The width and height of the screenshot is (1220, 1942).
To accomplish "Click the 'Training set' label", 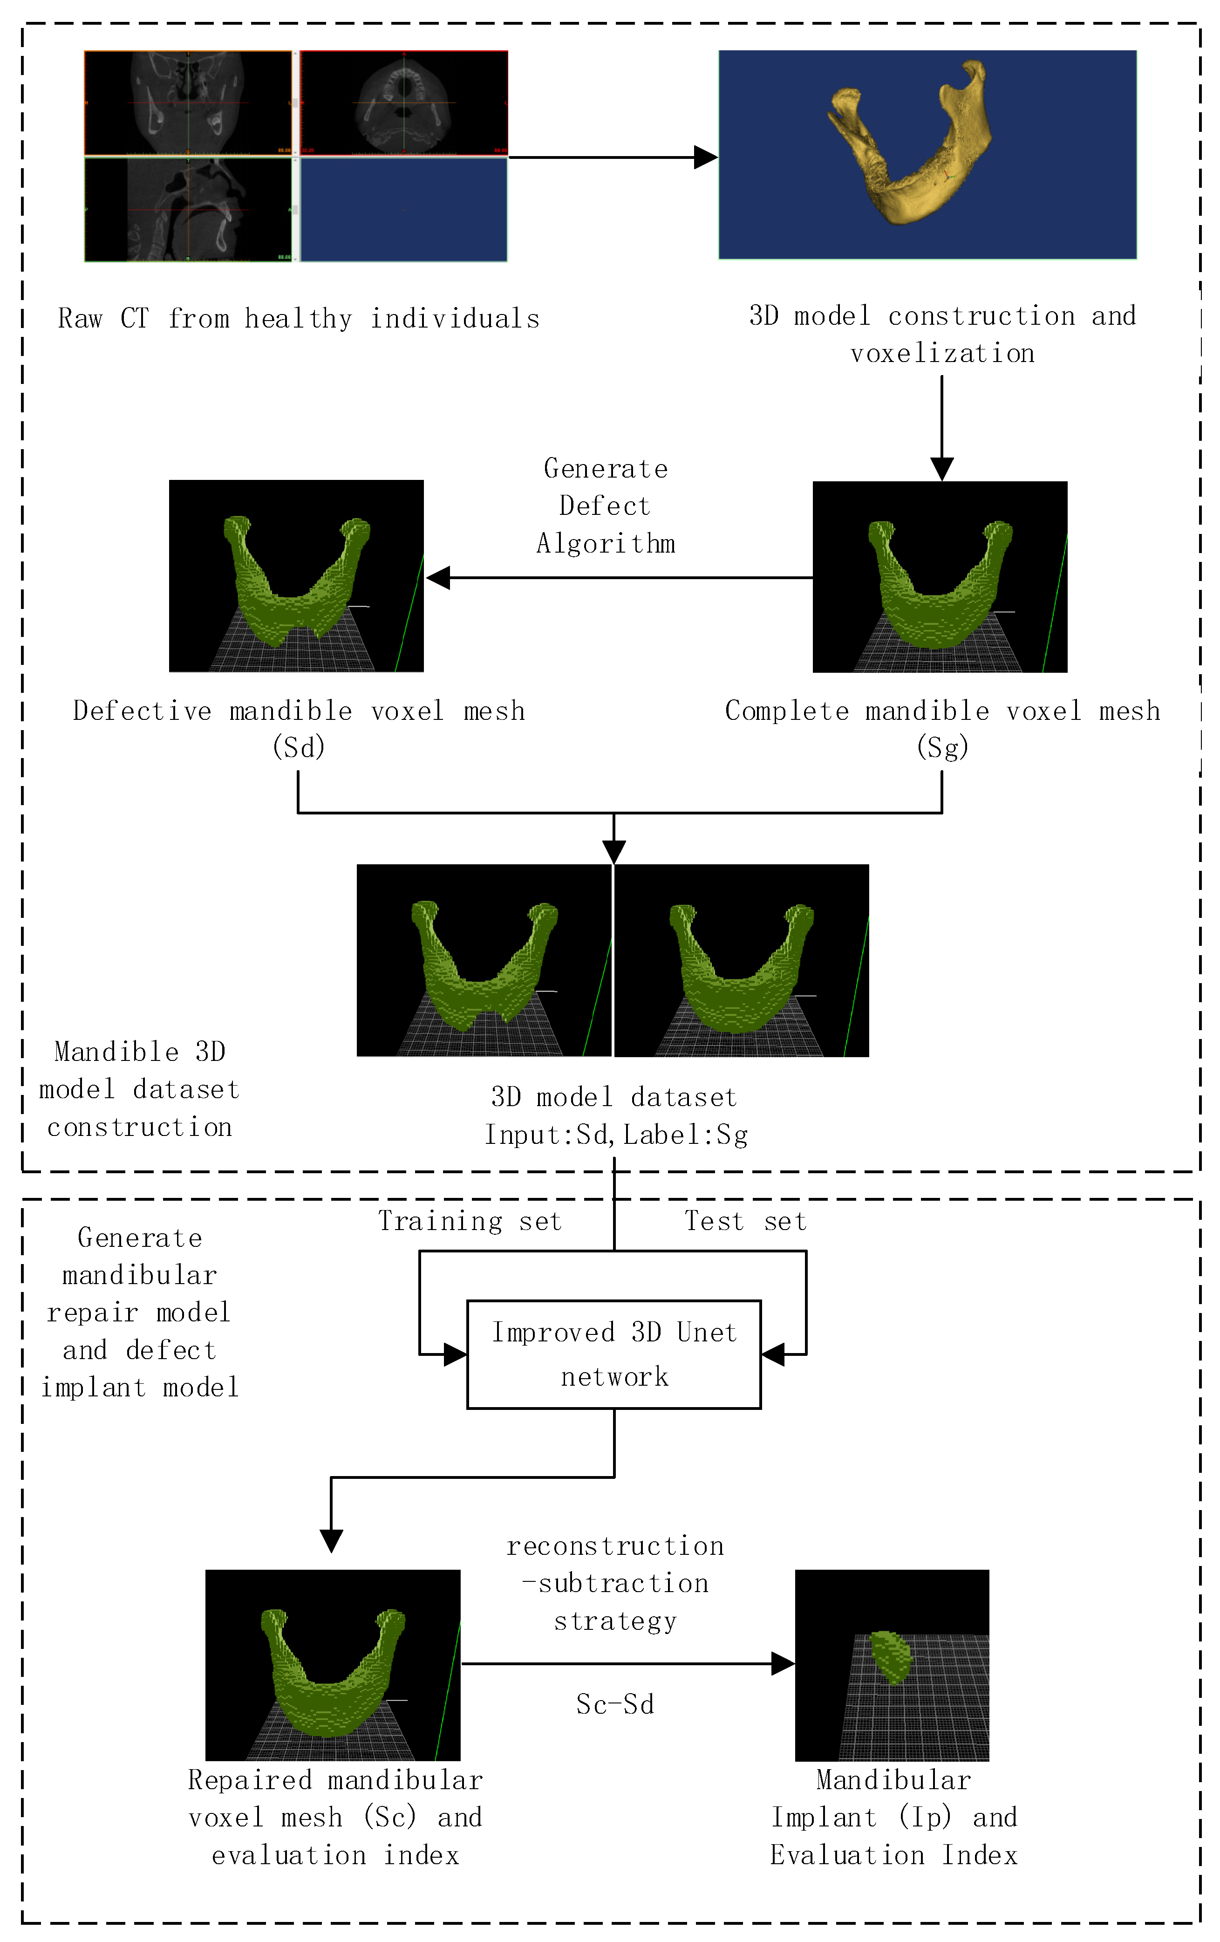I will tap(470, 1221).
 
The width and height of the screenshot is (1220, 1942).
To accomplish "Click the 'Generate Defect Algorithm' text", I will tap(606, 506).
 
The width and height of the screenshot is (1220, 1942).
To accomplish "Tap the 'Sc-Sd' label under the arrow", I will tap(614, 1704).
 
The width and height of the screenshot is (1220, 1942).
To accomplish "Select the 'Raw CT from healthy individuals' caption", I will tap(298, 319).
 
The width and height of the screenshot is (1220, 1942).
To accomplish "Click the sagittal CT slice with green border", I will tap(188, 210).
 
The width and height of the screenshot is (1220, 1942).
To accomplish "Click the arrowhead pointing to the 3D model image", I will tap(706, 157).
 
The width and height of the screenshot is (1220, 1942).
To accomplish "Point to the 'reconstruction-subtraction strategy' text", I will tap(614, 1583).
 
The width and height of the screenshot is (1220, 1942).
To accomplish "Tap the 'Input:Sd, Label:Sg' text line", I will tap(616, 1135).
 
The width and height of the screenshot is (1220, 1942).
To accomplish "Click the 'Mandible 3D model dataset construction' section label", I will tap(139, 1089).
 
